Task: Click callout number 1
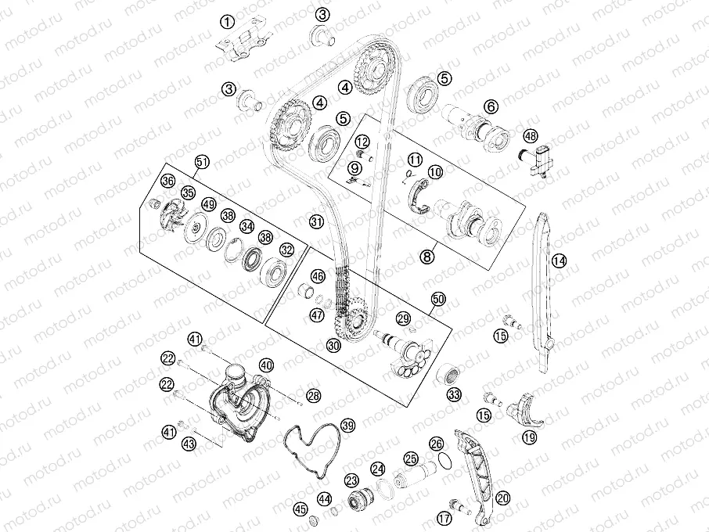[x=227, y=21]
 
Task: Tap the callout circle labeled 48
[x=531, y=135]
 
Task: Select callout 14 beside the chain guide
[x=559, y=261]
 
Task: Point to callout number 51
[x=202, y=162]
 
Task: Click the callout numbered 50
[x=438, y=299]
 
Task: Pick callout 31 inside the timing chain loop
[x=317, y=221]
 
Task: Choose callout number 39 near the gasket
[x=347, y=426]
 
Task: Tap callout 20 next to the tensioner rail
[x=502, y=498]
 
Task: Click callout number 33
[x=454, y=394]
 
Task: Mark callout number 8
[x=426, y=257]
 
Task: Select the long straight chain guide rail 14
[x=544, y=294]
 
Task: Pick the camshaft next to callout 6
[x=476, y=127]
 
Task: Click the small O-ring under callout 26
[x=445, y=462]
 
